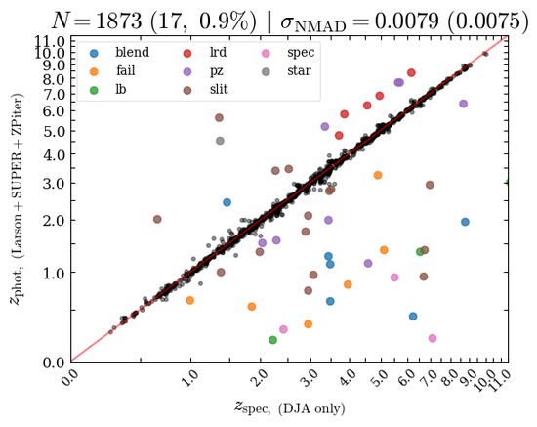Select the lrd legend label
(218, 53)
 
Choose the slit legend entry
(205, 90)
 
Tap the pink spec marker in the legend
(266, 53)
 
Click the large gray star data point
(220, 141)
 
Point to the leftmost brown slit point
(157, 219)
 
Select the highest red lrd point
(411, 72)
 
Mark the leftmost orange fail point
(189, 300)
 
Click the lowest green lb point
(272, 340)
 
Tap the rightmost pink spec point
(433, 338)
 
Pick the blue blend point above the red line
(227, 202)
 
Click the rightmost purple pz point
(464, 104)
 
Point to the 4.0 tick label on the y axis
(54, 155)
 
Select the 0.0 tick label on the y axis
(54, 363)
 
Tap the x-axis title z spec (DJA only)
(289, 407)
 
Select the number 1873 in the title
(119, 21)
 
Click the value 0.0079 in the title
(406, 21)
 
